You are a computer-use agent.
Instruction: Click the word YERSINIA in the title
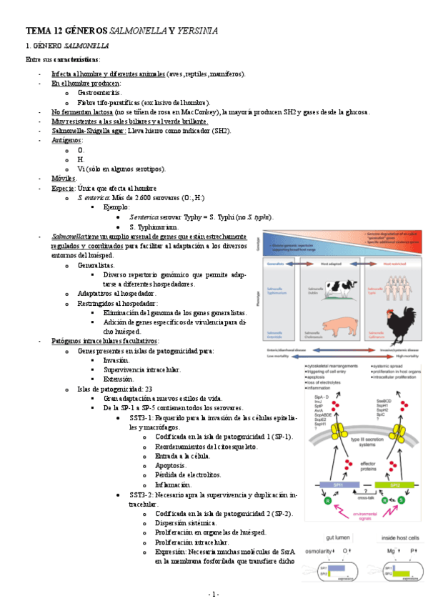(195, 31)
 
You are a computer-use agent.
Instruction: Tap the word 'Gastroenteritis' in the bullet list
(99, 93)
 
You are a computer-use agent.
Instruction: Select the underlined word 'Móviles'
(64, 178)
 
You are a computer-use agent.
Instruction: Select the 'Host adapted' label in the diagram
(337, 263)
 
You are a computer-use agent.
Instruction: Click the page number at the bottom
(214, 594)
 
